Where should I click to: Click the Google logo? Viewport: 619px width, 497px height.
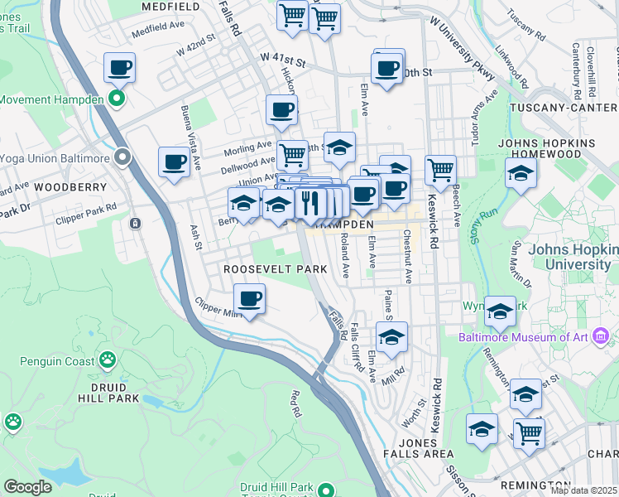[x=28, y=487]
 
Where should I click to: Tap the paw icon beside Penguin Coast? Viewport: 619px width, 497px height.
[x=108, y=359]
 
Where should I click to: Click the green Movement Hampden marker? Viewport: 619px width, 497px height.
[x=117, y=100]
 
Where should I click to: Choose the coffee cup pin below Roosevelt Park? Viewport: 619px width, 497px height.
[x=248, y=298]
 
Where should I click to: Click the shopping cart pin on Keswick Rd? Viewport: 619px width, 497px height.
[x=440, y=170]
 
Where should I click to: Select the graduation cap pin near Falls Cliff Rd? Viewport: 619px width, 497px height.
[x=391, y=336]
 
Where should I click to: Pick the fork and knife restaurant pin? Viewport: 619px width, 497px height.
[x=309, y=202]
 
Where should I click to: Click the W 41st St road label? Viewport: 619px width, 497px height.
[x=283, y=60]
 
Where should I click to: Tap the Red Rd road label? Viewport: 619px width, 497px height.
[x=295, y=402]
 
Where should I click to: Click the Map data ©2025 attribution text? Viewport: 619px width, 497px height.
[x=584, y=490]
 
